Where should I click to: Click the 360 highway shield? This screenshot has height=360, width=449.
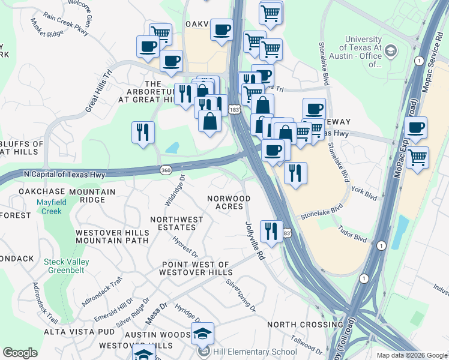(x=166, y=171)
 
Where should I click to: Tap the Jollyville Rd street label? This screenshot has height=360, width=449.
(x=255, y=240)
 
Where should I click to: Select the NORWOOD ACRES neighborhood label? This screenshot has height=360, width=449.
(x=228, y=202)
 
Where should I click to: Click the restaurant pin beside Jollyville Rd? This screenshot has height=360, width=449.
(x=271, y=231)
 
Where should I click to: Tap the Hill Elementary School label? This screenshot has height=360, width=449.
(x=259, y=352)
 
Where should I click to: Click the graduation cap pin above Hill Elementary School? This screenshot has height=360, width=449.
(x=202, y=333)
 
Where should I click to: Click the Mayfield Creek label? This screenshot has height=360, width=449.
(x=49, y=206)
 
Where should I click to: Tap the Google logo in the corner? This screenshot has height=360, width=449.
(x=20, y=353)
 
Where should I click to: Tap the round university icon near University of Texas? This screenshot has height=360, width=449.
(x=391, y=50)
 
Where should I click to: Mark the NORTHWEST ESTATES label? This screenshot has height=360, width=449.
(x=176, y=224)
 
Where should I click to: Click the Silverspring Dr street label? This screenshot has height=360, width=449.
(x=241, y=296)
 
